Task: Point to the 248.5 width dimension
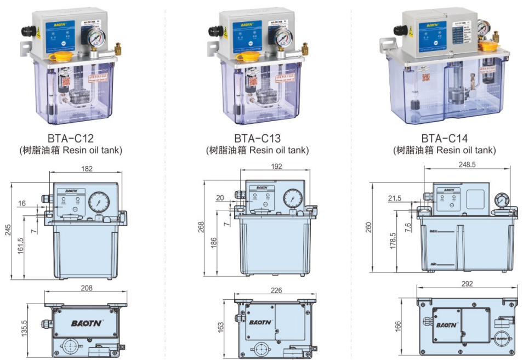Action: [471, 164]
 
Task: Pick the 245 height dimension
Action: [7, 230]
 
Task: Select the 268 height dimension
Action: [201, 226]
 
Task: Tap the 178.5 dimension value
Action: [393, 241]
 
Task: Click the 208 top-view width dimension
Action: [86, 288]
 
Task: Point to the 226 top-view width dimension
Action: [276, 291]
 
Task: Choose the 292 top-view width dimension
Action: [467, 284]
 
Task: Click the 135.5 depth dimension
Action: [24, 330]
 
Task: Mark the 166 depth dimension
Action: [398, 325]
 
